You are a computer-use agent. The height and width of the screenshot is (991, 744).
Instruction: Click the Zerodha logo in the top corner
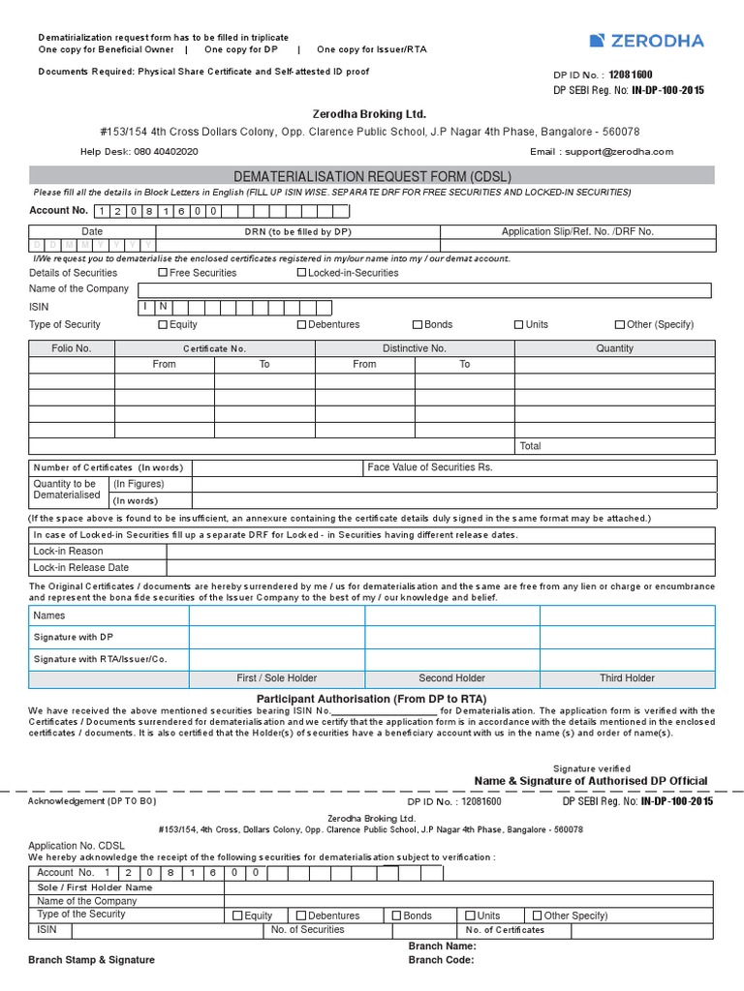pos(646,41)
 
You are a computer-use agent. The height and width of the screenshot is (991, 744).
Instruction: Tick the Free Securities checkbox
pos(163,273)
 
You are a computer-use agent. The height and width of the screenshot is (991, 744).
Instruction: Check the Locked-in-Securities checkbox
pos(301,273)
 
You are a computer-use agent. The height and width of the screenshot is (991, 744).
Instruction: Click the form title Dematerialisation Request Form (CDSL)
pos(372,176)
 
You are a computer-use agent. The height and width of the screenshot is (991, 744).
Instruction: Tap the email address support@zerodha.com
pos(617,152)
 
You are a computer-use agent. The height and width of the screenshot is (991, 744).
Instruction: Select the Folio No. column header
pos(72,348)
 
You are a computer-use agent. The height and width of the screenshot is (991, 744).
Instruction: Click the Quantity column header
pos(614,348)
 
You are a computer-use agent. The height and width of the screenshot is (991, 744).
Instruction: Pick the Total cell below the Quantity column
pos(531,446)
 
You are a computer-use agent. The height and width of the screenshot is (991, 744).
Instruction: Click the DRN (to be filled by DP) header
pos(297,232)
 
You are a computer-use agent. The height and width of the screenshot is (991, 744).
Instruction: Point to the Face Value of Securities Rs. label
pos(430,467)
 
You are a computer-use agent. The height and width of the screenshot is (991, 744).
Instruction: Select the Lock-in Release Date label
pos(81,568)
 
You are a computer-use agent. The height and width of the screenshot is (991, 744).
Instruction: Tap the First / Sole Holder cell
pos(276,678)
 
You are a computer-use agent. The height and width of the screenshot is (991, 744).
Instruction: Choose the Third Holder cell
pos(627,678)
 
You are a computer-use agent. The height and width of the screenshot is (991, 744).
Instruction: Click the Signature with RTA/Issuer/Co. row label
pos(101,659)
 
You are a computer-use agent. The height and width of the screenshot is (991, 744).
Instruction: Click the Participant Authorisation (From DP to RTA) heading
pos(372,699)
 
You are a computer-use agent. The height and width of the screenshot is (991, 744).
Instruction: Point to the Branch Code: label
pos(442,960)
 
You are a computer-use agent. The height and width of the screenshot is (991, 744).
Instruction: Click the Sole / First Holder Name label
pos(95,887)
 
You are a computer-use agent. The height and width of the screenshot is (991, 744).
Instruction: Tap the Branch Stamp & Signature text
pos(91,960)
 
